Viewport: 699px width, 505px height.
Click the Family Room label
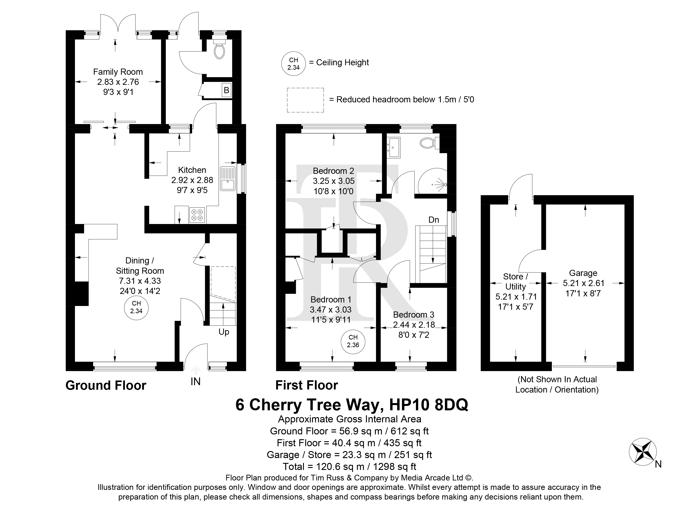[x=118, y=72]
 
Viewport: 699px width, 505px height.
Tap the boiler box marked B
[x=227, y=90]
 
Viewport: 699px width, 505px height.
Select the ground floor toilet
[x=219, y=49]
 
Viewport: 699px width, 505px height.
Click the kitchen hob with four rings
[x=197, y=215]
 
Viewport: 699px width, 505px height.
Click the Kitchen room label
[x=192, y=170]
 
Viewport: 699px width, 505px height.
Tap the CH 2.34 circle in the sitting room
[x=136, y=307]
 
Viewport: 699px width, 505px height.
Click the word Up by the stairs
[x=224, y=332]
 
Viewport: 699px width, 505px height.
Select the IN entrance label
[x=195, y=381]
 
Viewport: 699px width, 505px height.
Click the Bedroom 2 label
[x=334, y=171]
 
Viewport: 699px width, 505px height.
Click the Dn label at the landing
[x=434, y=220]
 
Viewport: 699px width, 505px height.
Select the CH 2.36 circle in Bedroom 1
[x=353, y=342]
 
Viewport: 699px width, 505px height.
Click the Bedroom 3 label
[x=414, y=315]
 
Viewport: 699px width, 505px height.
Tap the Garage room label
[x=583, y=273]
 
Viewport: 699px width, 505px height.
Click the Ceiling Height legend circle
[x=293, y=64]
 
